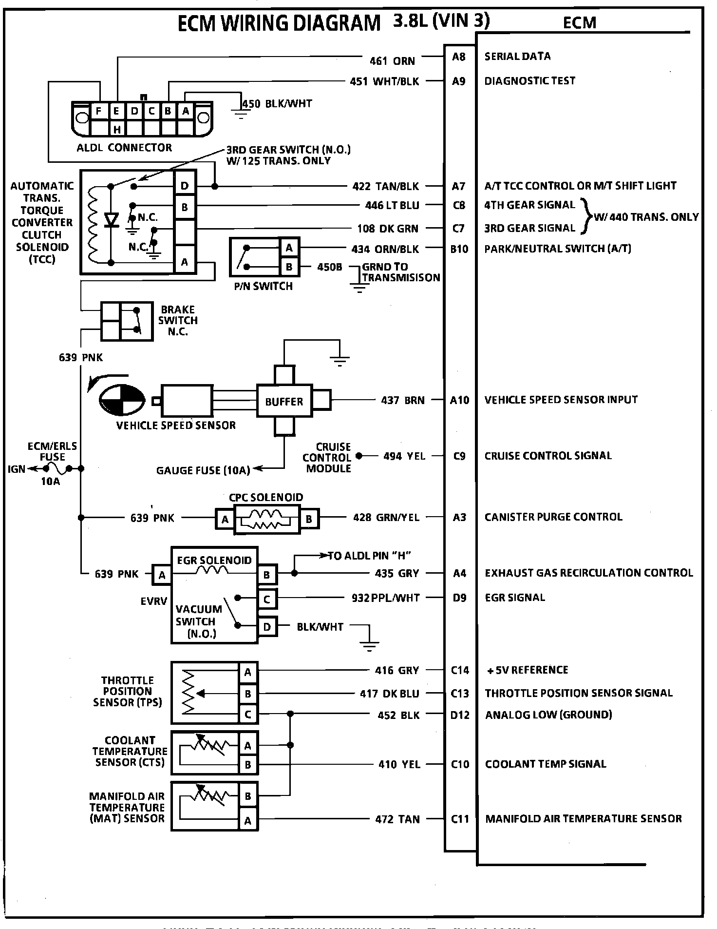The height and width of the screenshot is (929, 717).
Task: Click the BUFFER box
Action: (284, 402)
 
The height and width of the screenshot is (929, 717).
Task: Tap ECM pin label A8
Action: (459, 57)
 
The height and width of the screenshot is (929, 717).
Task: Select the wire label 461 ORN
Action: (392, 61)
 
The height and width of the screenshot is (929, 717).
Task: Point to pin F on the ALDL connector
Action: (98, 111)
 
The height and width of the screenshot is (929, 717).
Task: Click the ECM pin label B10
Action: (459, 249)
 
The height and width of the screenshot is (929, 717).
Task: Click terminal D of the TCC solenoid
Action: (185, 186)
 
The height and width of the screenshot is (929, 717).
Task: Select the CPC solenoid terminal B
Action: (309, 520)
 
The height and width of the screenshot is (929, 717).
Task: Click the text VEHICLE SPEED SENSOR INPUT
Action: (561, 400)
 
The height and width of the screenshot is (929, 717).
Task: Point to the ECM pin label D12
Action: (460, 715)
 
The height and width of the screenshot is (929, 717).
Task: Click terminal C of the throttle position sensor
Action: (248, 715)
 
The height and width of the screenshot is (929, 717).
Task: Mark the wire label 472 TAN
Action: (397, 819)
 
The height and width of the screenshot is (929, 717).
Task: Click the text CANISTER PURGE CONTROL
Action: (553, 517)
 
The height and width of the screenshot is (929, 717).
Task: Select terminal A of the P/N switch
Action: (289, 248)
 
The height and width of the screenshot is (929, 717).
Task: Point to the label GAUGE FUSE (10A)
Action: (203, 470)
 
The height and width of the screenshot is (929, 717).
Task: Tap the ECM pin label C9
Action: (459, 456)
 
